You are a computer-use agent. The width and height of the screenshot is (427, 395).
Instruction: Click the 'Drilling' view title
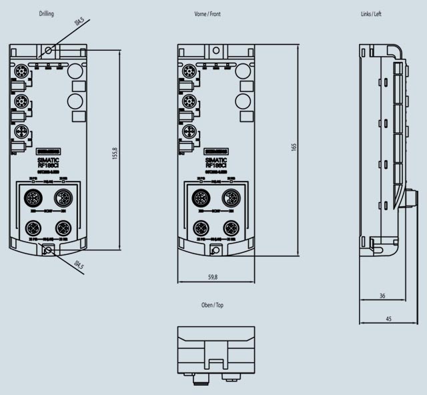coord(46,13)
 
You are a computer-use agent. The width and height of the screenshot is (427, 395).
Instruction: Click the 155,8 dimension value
coord(115,153)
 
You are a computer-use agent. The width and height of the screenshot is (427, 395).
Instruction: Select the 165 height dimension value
coord(294,147)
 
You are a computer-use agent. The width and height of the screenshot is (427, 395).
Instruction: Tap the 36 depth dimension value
coord(382,295)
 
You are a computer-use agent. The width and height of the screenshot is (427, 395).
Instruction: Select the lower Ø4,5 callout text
coord(78,266)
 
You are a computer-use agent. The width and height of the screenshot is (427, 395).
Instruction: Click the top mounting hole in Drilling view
coord(48,50)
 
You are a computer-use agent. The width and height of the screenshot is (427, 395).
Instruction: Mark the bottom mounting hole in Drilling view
coord(47,250)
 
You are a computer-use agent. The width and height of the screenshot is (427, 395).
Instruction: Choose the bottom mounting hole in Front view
coord(216,250)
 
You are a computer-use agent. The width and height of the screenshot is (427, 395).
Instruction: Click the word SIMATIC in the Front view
coord(216,160)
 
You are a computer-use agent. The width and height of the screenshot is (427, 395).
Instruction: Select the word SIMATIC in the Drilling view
coord(47,160)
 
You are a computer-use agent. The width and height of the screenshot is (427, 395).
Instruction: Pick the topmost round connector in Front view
coord(189,69)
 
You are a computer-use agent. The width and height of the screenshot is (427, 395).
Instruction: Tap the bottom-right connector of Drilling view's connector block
coord(63,226)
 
